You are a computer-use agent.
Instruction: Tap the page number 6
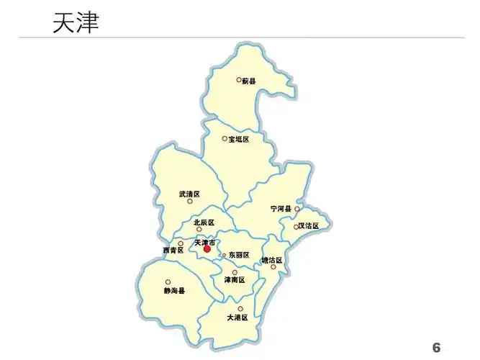(x=436, y=348)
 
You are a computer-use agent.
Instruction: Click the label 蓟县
(x=249, y=81)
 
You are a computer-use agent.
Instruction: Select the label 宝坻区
(x=239, y=139)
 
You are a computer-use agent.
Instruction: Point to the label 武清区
(x=189, y=194)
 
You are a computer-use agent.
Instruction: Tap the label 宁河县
(x=281, y=209)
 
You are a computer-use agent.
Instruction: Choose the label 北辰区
(x=204, y=222)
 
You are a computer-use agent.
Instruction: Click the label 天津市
(x=204, y=243)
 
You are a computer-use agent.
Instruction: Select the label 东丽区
(x=239, y=255)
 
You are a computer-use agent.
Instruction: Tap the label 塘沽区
(x=272, y=260)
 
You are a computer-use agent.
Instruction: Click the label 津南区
(x=235, y=279)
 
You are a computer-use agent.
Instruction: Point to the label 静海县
(x=174, y=291)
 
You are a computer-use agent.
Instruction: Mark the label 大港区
(x=237, y=317)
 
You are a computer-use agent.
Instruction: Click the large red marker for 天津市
(x=207, y=249)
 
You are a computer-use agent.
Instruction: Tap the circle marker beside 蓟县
(x=239, y=80)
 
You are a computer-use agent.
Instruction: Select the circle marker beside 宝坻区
(x=225, y=138)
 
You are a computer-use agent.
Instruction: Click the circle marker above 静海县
(x=168, y=282)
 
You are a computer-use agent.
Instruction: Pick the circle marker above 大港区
(x=240, y=308)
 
